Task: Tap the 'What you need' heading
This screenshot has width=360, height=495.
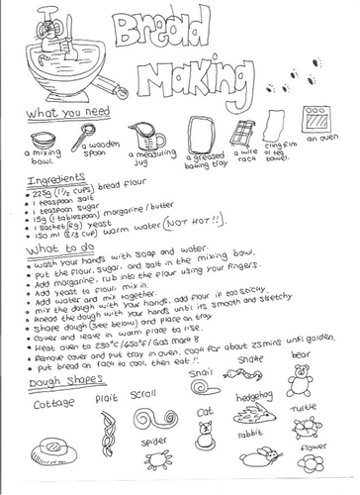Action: coord(54,114)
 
